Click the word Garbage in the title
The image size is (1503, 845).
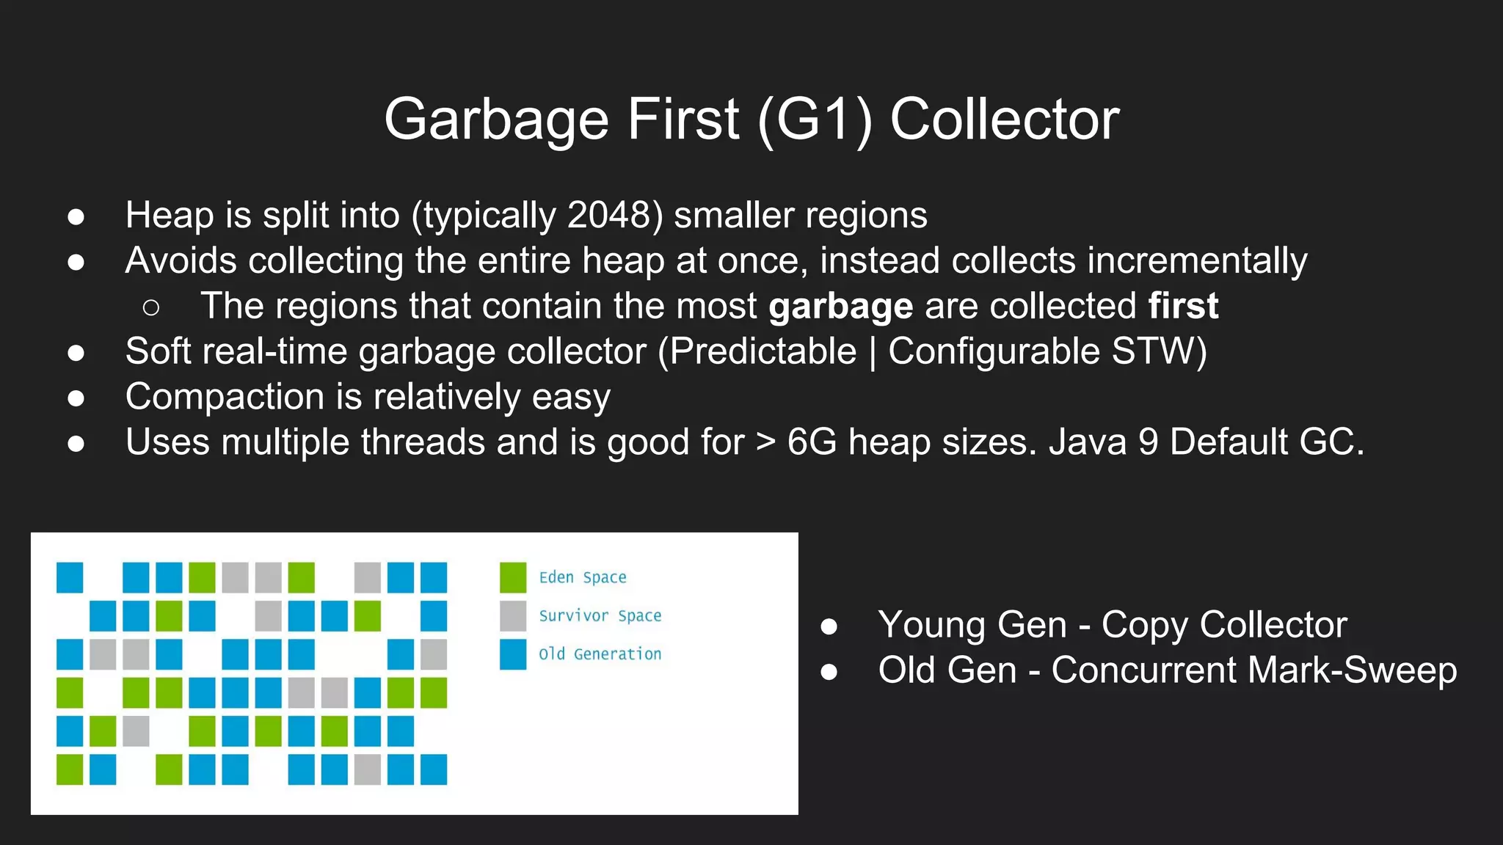(x=497, y=120)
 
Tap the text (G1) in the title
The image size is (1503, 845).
(x=815, y=120)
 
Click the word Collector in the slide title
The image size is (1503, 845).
(x=1005, y=120)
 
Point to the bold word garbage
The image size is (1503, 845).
(x=840, y=307)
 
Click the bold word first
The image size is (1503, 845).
(x=1183, y=305)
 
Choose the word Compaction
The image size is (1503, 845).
(x=225, y=397)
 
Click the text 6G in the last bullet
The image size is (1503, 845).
(x=812, y=442)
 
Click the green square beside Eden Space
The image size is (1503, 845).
(x=513, y=577)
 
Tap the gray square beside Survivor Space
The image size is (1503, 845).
(x=513, y=616)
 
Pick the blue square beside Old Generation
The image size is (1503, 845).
(x=513, y=654)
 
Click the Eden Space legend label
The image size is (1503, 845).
(x=583, y=577)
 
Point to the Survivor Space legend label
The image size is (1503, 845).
(x=600, y=616)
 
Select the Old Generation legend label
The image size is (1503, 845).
(x=600, y=654)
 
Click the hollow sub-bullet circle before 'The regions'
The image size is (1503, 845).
(x=151, y=307)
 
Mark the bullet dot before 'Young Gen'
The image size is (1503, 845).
(x=829, y=626)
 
